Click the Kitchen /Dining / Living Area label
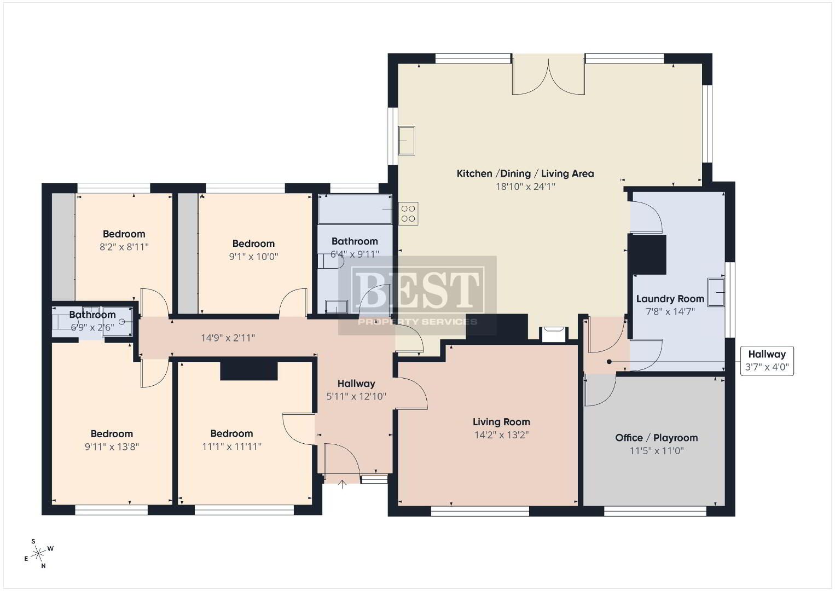(525, 173)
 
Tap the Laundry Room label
(670, 299)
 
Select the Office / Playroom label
(657, 438)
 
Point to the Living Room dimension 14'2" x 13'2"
(501, 434)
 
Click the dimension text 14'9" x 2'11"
(228, 338)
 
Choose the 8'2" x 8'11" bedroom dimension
(124, 247)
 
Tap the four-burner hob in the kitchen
(408, 213)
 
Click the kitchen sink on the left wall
(407, 141)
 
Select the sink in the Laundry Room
(716, 292)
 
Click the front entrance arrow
(342, 484)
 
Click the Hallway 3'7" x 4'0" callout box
(767, 361)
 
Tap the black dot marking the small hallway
(609, 362)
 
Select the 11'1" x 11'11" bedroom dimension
(231, 447)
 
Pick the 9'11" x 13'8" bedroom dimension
(112, 447)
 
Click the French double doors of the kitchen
(548, 74)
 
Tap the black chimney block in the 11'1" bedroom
(249, 371)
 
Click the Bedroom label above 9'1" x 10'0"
(253, 244)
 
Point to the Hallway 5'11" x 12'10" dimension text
(356, 396)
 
